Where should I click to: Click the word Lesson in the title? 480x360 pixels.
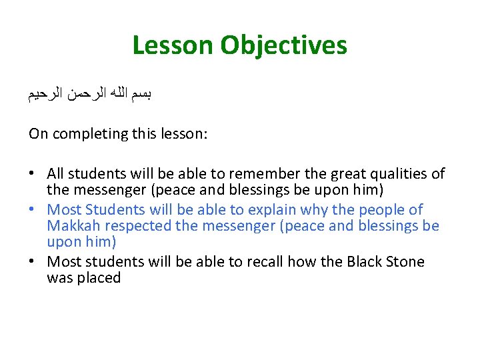click(173, 45)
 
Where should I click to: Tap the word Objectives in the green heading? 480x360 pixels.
click(284, 45)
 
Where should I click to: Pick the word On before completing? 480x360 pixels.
click(38, 133)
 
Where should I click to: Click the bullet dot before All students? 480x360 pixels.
click(33, 175)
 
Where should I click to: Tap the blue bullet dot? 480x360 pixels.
click(33, 210)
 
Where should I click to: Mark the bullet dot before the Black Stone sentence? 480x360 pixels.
click(33, 262)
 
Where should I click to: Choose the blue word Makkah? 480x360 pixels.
click(75, 226)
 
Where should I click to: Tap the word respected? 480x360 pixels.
click(140, 226)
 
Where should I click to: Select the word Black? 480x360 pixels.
click(365, 261)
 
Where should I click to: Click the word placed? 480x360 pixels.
click(101, 278)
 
